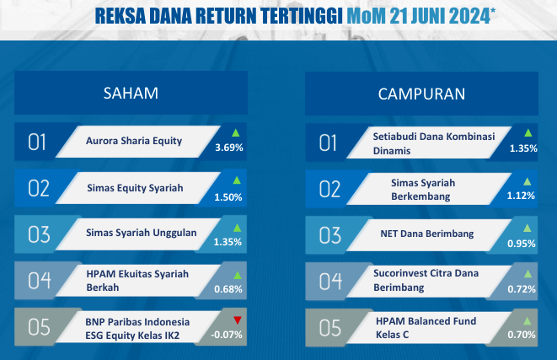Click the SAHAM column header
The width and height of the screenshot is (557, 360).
click(x=131, y=93)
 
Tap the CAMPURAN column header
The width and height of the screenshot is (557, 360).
click(x=421, y=94)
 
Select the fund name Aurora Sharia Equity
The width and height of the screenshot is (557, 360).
click(x=134, y=141)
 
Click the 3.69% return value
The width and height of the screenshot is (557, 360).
click(x=228, y=148)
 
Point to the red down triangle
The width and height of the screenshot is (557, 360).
click(x=238, y=320)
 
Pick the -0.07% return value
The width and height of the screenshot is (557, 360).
click(x=227, y=335)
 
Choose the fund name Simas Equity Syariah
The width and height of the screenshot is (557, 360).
click(x=135, y=188)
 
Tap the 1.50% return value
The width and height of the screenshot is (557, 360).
click(x=228, y=197)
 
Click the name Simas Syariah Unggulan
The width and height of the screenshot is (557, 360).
click(x=141, y=233)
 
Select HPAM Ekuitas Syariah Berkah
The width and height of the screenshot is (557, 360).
click(x=137, y=281)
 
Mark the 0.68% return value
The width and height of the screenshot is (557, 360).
click(x=228, y=289)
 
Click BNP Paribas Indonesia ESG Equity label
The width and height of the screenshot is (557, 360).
click(x=137, y=329)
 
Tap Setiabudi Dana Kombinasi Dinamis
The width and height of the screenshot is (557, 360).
click(x=434, y=143)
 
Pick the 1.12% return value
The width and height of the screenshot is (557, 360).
click(x=521, y=196)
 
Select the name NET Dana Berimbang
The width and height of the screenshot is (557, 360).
click(x=427, y=234)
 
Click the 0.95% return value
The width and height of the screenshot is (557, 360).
click(x=521, y=244)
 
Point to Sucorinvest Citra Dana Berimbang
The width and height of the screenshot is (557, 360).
click(x=426, y=280)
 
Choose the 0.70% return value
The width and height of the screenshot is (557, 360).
click(x=522, y=335)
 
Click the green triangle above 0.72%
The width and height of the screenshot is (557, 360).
click(x=528, y=274)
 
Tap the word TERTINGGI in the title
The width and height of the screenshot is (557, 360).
click(x=301, y=16)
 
